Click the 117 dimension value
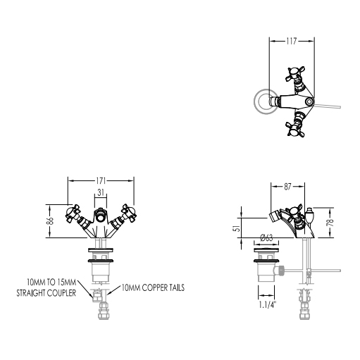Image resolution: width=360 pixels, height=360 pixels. pos(292,41)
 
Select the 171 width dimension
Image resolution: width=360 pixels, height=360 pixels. pos(101,181)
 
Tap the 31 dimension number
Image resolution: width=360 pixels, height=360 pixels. pos(101,192)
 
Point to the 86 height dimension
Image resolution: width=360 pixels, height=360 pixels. pos(50,221)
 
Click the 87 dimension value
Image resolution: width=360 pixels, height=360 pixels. pos(287,187)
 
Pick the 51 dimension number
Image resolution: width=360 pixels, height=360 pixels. pos(238,228)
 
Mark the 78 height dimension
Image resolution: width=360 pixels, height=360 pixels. pos(330,222)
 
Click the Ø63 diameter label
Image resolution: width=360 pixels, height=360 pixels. pos(266,237)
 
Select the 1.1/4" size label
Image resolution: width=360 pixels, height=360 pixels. pos(267,305)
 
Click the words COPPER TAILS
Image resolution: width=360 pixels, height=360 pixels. pos(163,287)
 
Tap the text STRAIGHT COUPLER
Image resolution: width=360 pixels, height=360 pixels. pos(46,293)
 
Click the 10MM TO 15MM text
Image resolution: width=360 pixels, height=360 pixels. pos(51,282)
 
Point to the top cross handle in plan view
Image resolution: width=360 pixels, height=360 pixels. pos(295,75)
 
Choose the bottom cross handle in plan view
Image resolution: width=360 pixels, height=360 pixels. pos(295,128)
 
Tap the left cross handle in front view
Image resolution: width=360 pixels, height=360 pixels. pos(73,213)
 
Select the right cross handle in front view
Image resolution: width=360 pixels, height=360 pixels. pos(129,213)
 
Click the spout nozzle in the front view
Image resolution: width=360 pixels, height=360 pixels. pos(101,215)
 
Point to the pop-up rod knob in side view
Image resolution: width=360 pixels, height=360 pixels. pos(309,214)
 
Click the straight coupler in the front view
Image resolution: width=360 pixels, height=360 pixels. pos(97,296)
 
